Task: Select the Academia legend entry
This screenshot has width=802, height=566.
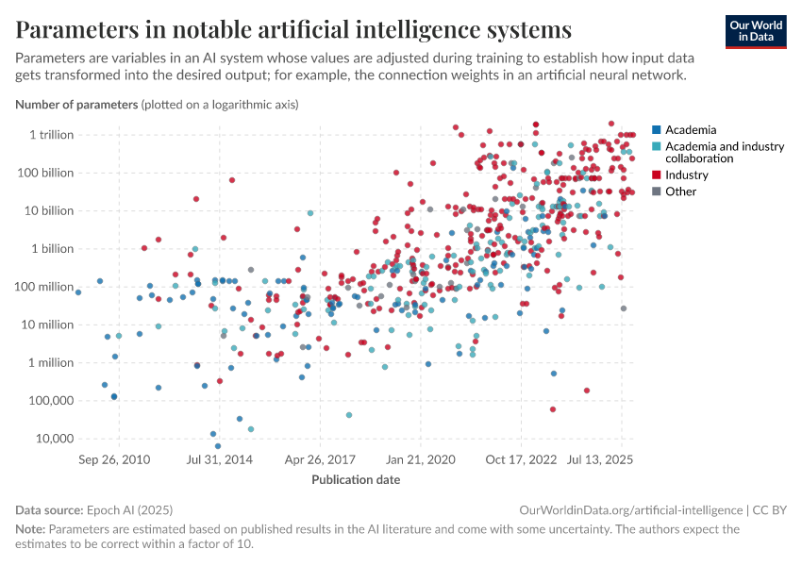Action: (691, 130)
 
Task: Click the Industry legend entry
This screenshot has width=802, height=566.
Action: (686, 175)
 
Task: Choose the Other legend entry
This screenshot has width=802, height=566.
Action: (680, 191)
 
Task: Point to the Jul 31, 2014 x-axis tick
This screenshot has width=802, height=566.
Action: (220, 460)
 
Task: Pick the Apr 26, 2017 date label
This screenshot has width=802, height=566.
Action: (321, 460)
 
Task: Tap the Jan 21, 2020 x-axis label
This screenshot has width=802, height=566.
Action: (421, 460)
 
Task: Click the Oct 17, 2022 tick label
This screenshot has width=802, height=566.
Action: (521, 460)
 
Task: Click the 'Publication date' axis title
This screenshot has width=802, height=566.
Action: (356, 479)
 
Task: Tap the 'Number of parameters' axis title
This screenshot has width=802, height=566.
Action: (76, 104)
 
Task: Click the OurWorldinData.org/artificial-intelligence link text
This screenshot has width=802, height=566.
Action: (630, 509)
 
